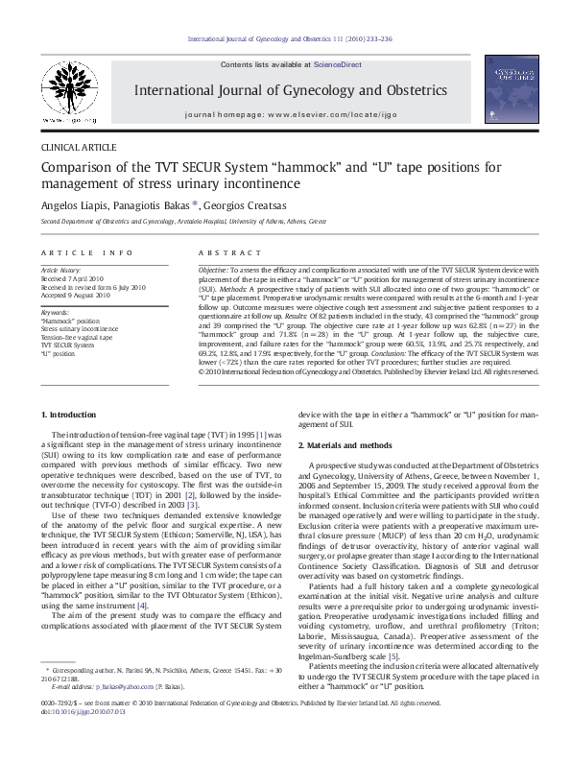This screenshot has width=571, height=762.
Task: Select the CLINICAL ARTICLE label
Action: click(78, 148)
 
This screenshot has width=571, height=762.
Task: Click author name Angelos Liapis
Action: click(73, 204)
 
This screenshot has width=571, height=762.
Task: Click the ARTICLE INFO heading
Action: click(86, 252)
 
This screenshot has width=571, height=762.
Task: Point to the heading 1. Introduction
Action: click(71, 414)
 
